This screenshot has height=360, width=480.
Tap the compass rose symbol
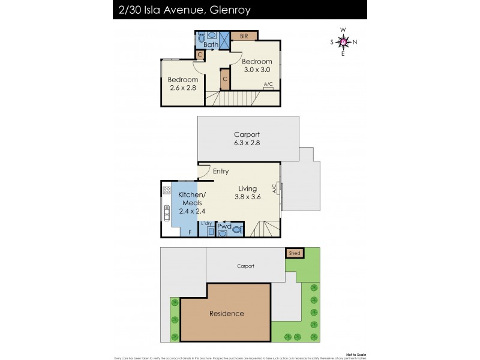coord(343,41)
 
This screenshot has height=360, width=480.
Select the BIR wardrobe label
coord(244,36)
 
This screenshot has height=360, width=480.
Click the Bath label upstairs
coord(211,45)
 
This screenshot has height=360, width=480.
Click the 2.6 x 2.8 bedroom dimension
coord(182,88)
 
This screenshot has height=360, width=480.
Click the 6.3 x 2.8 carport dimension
coord(247,143)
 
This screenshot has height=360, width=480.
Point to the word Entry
coord(220,172)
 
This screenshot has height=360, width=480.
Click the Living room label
coord(248,188)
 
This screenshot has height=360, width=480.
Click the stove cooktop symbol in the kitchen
coord(167,190)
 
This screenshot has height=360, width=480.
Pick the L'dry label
coord(206,223)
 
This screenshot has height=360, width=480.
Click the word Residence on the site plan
coord(226,313)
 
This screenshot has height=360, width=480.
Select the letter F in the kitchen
coord(191,231)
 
